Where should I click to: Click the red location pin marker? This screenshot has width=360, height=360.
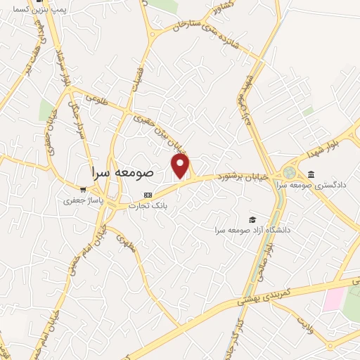click(x=181, y=166)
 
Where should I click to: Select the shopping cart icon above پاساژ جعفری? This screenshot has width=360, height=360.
click(x=84, y=190)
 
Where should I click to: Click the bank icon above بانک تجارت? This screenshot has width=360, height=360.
click(x=147, y=195)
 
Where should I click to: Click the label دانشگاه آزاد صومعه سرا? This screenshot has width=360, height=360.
click(x=252, y=230)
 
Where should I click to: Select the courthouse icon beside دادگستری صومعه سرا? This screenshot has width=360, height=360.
click(x=311, y=174)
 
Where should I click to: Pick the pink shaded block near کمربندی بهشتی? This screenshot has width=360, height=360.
click(x=331, y=300)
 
